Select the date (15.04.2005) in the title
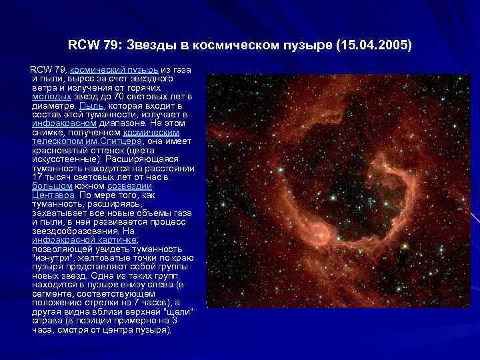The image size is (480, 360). coord(375,46)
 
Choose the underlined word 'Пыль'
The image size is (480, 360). coord(91,105)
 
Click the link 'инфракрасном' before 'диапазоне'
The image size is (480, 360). coord(65,123)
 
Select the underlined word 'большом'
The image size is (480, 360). coord(49,186)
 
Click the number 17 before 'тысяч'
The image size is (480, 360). coord(38,177)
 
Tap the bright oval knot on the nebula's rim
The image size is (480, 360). coord(318,235)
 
